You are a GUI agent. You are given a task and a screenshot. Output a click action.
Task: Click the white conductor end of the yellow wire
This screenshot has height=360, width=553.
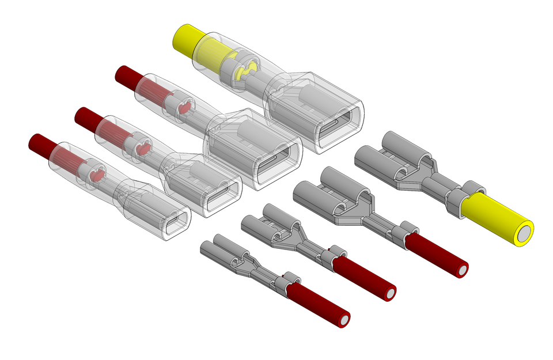point(523,233)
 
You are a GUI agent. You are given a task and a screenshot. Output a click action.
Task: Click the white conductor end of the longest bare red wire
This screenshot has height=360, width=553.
point(463,270)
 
